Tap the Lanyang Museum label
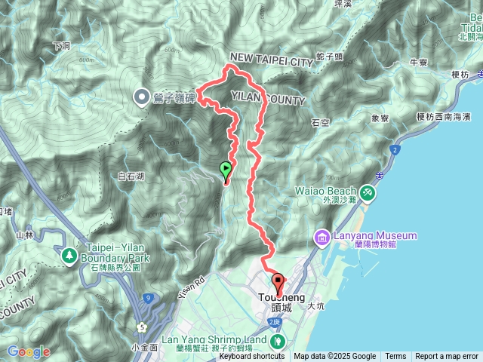(x=374, y=235)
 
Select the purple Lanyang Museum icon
(x=322, y=238)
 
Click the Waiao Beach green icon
(x=368, y=194)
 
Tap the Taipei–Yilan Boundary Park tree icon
(x=69, y=256)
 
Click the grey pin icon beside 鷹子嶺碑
(x=141, y=97)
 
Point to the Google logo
(x=29, y=351)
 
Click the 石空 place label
(x=319, y=121)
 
